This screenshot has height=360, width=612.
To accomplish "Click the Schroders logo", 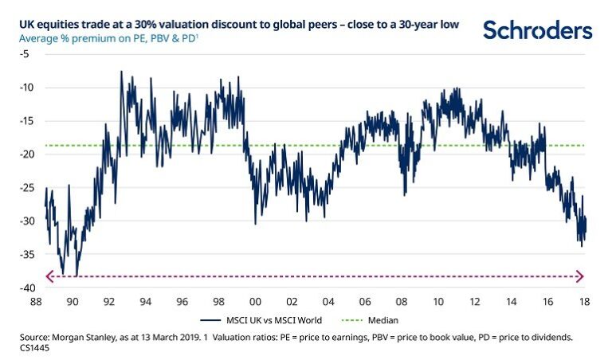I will [538, 31].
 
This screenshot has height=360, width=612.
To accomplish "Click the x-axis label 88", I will [36, 303].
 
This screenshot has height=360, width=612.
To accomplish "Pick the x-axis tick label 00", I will [255, 303].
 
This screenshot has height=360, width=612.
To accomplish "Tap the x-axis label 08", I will [402, 303].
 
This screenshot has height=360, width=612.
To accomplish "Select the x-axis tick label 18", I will [584, 303].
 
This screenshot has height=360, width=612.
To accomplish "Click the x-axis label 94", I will [146, 303].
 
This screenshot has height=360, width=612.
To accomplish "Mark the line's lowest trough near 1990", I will [76, 275].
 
